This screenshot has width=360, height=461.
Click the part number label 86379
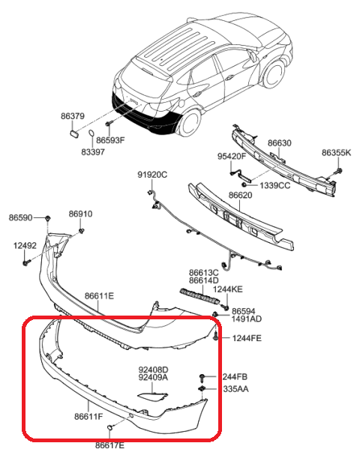coord(73,116)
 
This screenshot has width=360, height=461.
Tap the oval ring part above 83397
coord(91,133)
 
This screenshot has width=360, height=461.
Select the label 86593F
coord(110,140)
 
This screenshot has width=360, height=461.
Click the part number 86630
coord(280,143)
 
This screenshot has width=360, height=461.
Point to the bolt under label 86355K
coord(339,171)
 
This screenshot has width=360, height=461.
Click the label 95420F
coord(232,156)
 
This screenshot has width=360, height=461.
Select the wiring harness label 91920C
coord(152,175)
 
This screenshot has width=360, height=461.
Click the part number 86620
coord(241,195)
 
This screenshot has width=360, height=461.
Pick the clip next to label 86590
coord(48,218)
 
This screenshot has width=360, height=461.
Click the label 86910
coord(80,214)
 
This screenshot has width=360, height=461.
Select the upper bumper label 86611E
coord(99,296)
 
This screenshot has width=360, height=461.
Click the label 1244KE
coord(228,289)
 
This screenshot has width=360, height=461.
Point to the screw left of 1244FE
coord(216,337)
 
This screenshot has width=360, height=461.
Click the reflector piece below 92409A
coord(152,396)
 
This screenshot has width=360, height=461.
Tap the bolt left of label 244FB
coord(202,378)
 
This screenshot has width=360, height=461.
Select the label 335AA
coord(236,389)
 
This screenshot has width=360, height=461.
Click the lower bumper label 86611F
coord(88,416)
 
